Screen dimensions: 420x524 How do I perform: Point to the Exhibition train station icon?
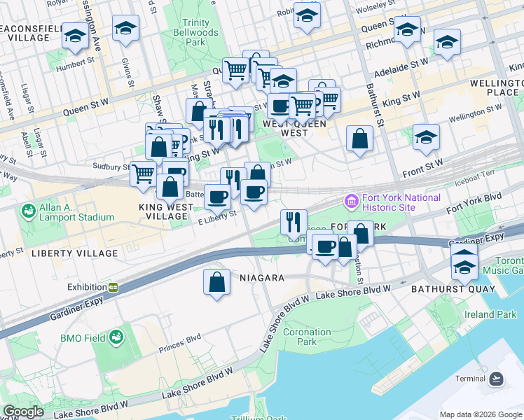click(113, 287)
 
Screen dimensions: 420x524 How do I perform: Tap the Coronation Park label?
click(308, 337)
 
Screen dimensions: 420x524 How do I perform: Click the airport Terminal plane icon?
click(497, 379)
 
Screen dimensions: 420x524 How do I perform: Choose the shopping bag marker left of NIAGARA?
click(217, 283)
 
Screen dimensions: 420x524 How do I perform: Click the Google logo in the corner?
click(23, 412)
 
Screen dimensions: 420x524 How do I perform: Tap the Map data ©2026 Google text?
click(481, 414)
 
